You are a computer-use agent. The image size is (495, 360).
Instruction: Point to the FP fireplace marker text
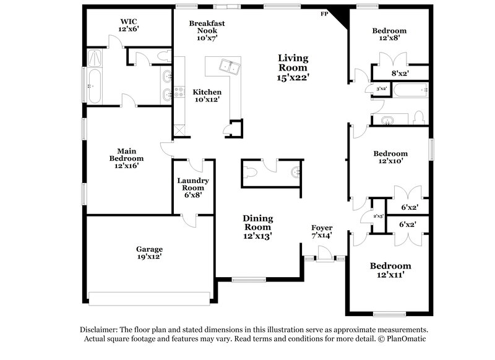click(x=323, y=14)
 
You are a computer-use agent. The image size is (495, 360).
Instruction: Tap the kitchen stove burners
click(x=179, y=92)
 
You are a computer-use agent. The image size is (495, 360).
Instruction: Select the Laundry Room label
click(x=193, y=184)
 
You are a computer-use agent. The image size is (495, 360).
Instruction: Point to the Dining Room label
click(x=257, y=222)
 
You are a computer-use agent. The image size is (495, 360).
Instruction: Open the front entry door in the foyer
click(x=322, y=254)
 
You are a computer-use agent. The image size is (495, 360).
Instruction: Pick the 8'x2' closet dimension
click(x=400, y=73)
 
